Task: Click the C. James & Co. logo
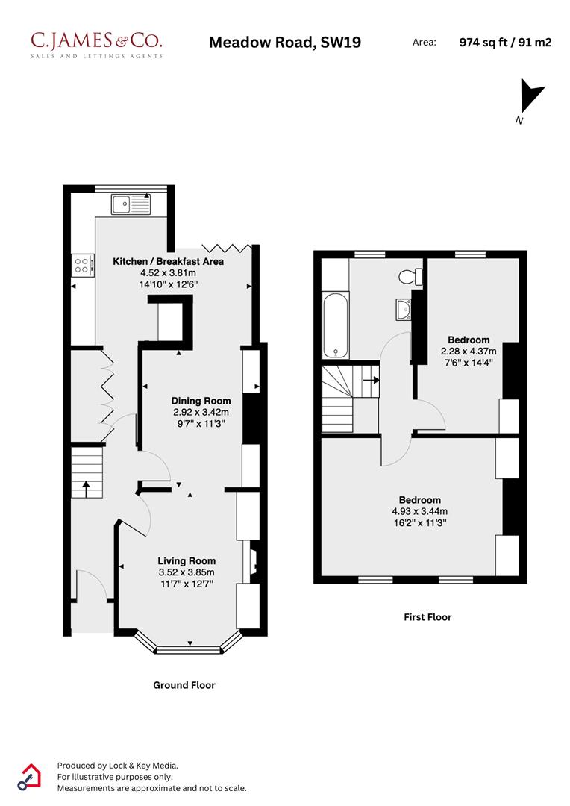point(95,43)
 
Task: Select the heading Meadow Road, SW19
point(284,43)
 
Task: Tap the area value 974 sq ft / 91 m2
point(505,43)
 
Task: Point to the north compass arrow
point(532,97)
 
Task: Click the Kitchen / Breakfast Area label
point(168,261)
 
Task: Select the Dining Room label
point(201,401)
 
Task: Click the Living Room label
point(187,561)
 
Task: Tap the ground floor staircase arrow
point(86,488)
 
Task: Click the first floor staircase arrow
point(370,379)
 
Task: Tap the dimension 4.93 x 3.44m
point(419,511)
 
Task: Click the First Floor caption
point(427,617)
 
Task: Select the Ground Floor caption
point(184,685)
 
